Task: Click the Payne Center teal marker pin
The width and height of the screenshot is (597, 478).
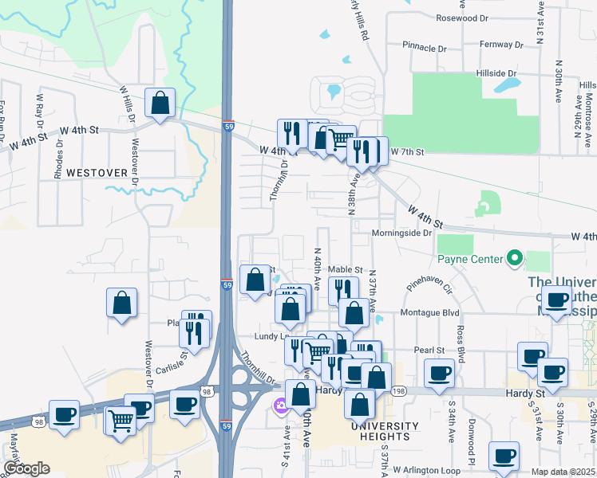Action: [x=515, y=259]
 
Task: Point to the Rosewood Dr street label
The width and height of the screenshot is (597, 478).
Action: [x=461, y=18]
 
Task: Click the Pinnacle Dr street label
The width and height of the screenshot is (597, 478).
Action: [x=424, y=47]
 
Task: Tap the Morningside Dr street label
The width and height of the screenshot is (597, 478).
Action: [x=401, y=233]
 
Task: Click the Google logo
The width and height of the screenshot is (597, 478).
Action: [x=26, y=468]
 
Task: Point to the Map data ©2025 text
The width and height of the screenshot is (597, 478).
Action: [x=563, y=472]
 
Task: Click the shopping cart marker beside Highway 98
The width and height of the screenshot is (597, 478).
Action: [x=121, y=419]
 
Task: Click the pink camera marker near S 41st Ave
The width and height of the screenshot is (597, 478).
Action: [x=280, y=407]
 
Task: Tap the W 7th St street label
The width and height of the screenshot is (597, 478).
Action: [x=405, y=151]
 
